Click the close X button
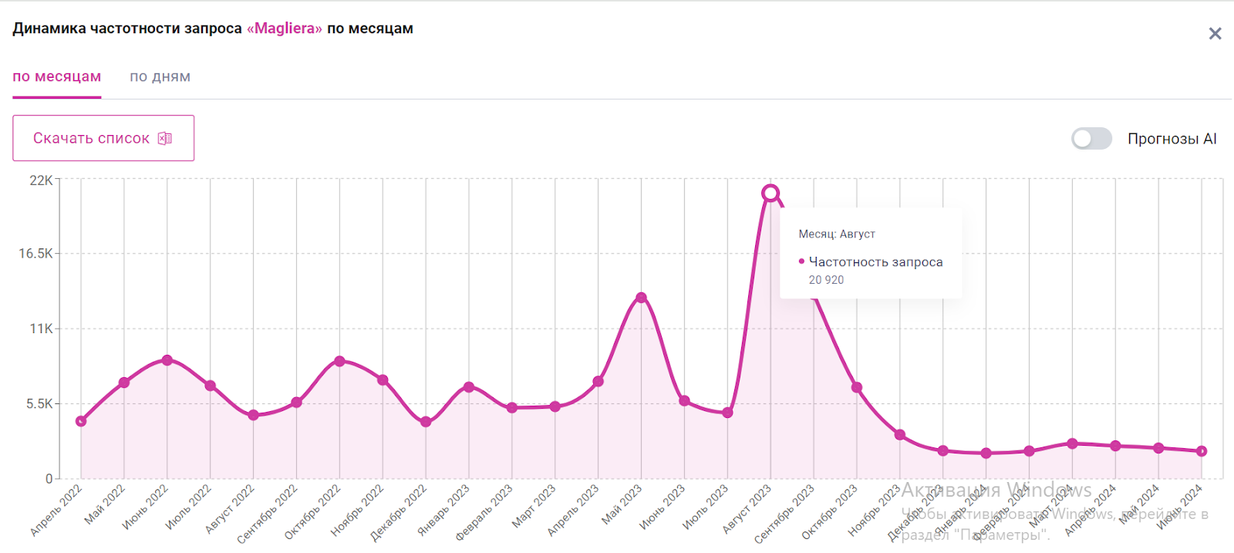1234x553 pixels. tap(1215, 34)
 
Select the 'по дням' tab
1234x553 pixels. tap(160, 77)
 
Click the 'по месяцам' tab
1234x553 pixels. tap(57, 77)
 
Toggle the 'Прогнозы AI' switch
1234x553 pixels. tap(1091, 139)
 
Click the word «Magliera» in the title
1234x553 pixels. tap(285, 29)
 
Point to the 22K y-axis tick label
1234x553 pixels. tap(41, 180)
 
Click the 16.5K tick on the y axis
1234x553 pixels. tap(36, 254)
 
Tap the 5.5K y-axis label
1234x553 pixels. tap(39, 404)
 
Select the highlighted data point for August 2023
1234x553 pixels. tap(770, 193)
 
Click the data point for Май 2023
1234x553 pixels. tap(641, 298)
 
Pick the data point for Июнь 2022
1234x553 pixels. tap(167, 360)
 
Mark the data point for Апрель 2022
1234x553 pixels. tap(81, 421)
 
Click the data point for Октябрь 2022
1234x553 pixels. tap(339, 361)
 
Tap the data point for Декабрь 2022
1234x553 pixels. tap(426, 422)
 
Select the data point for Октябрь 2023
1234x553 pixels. tap(856, 387)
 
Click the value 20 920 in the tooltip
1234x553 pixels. tap(826, 280)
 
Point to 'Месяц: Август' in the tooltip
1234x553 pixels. tap(837, 234)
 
